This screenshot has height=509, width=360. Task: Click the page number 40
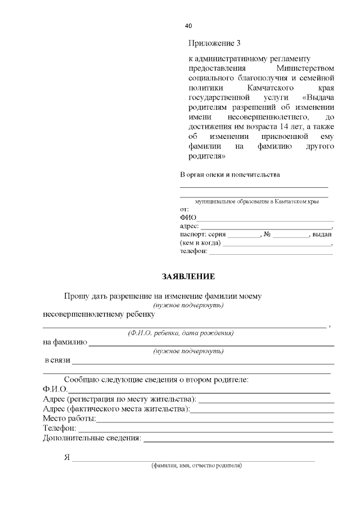pyautogui.click(x=188, y=26)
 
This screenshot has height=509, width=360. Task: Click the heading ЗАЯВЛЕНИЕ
pyautogui.click(x=188, y=277)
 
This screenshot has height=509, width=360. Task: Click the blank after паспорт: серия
pyautogui.click(x=244, y=236)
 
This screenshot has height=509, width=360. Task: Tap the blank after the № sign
pyautogui.click(x=291, y=236)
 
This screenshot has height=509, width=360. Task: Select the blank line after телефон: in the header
pyautogui.click(x=271, y=253)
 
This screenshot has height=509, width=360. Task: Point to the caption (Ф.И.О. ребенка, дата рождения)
pyautogui.click(x=181, y=333)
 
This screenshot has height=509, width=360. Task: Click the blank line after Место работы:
pyautogui.click(x=215, y=420)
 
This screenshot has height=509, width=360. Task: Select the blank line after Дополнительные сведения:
pyautogui.click(x=238, y=439)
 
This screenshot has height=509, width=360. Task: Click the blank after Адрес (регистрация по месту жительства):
pyautogui.click(x=267, y=400)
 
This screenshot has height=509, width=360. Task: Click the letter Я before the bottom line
pyautogui.click(x=67, y=457)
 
